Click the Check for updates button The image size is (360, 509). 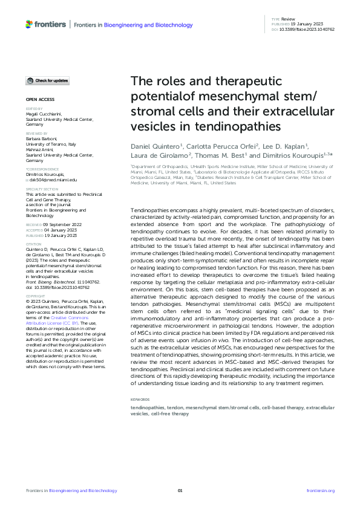tap(48, 80)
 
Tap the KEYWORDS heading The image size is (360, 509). tap(140, 400)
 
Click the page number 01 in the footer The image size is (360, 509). tap(180, 490)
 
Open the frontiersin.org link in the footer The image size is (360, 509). tap(321, 490)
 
